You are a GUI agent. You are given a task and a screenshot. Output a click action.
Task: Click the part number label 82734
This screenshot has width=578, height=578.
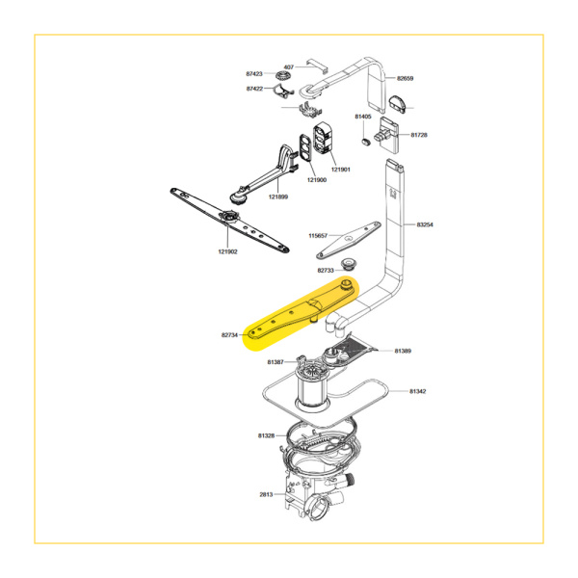(229, 335)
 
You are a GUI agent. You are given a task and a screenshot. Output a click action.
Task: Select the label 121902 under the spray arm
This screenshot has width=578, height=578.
(227, 251)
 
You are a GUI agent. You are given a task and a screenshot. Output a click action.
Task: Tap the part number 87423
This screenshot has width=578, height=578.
(254, 74)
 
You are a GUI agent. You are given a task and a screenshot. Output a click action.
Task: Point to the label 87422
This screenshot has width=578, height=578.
(254, 89)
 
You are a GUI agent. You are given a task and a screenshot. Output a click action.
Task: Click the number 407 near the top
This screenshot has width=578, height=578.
(289, 67)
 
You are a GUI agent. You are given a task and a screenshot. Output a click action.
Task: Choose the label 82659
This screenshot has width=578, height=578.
(406, 78)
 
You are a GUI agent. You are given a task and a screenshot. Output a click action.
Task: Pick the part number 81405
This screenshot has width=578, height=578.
(363, 117)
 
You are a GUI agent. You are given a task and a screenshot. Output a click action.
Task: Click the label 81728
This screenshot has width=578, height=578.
(419, 135)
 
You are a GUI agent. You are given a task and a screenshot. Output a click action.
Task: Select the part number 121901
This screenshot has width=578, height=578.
(341, 170)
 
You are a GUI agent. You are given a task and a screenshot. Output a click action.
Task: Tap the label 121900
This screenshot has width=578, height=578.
(317, 180)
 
